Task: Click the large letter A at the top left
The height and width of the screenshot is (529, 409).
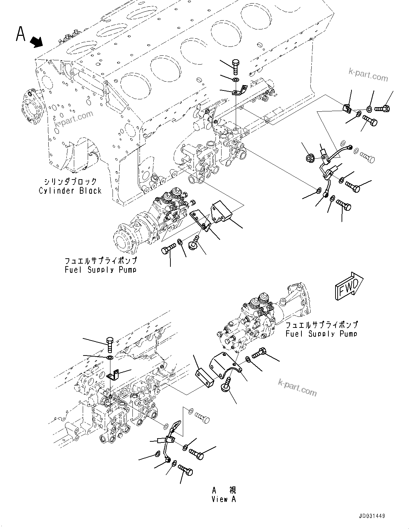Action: [21, 34]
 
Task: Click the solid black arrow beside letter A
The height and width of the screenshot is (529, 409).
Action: [37, 43]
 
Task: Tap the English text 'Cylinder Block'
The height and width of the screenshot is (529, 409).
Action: [70, 191]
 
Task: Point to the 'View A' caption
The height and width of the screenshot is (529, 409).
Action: [224, 499]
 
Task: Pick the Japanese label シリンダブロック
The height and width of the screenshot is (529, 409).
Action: [70, 181]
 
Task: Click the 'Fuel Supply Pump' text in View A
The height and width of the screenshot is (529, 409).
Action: [321, 334]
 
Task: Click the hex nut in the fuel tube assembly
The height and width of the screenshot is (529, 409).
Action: [309, 158]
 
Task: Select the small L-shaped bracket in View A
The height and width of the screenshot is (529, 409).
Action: [112, 375]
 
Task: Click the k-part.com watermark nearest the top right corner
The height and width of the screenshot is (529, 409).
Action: [368, 75]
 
